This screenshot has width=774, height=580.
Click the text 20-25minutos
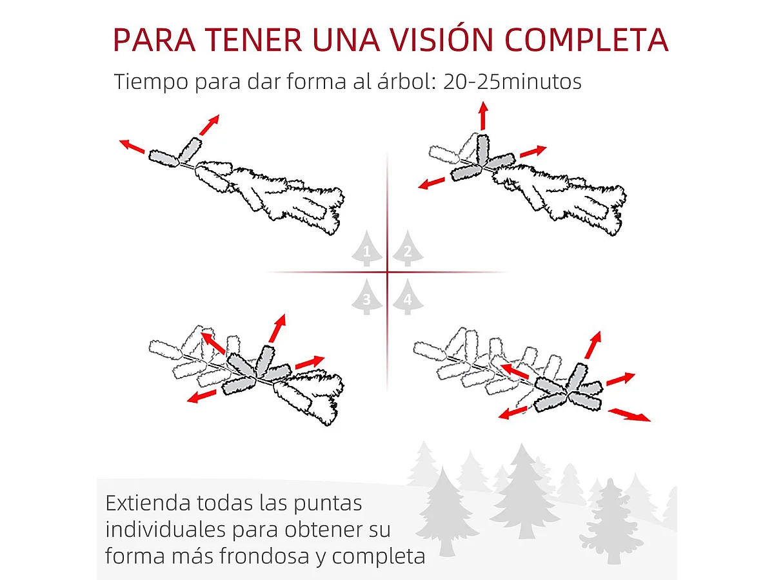[x=512, y=82]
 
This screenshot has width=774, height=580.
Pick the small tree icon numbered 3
[x=367, y=297]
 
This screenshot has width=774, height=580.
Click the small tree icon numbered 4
[x=406, y=297]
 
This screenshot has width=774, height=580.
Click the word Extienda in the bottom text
[x=148, y=503]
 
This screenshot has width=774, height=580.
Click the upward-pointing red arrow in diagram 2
[x=482, y=116]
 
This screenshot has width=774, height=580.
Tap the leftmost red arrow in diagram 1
[x=132, y=146]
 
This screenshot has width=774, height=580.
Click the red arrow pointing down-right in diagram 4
[x=630, y=414]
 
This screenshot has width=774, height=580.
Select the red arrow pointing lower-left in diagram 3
[x=202, y=396]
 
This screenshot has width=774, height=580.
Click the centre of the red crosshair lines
[x=387, y=273]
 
